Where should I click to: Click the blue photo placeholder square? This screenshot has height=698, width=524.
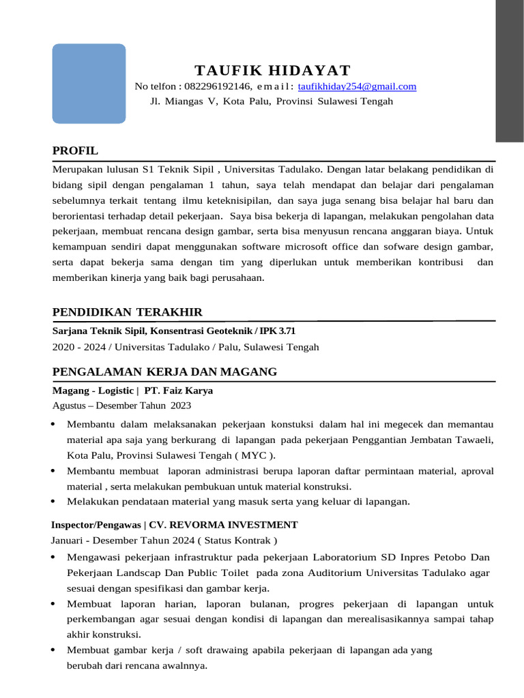[89, 83]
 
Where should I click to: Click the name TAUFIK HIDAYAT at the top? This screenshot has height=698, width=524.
[272, 70]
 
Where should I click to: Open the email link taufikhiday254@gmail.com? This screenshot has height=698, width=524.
[357, 87]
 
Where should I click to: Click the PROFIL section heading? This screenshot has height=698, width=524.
[75, 150]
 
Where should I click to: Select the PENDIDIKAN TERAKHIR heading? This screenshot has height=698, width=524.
[128, 312]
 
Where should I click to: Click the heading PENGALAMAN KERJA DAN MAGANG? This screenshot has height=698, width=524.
[164, 371]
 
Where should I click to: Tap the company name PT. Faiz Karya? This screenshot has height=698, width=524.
[179, 391]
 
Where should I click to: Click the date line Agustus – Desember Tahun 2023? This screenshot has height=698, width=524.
[121, 406]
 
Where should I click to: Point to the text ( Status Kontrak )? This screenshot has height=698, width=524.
[237, 541]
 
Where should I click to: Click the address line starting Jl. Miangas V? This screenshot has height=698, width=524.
[271, 102]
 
